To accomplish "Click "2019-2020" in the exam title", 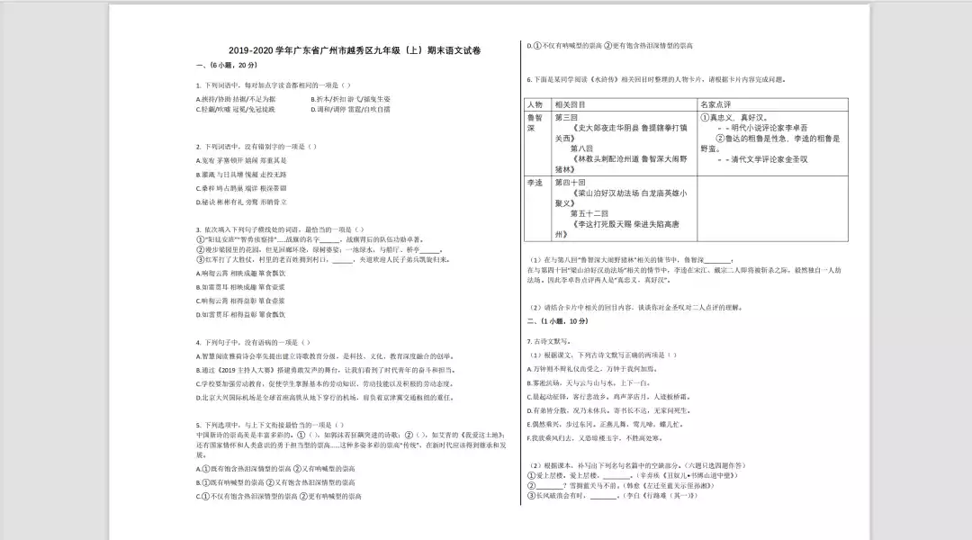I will point(247,50).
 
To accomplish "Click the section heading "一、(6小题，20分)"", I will point(219,67).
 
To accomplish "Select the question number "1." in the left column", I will point(198,85).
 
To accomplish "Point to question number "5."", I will point(198,424).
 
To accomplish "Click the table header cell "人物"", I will point(535,104).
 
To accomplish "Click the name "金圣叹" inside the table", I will point(790,159).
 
